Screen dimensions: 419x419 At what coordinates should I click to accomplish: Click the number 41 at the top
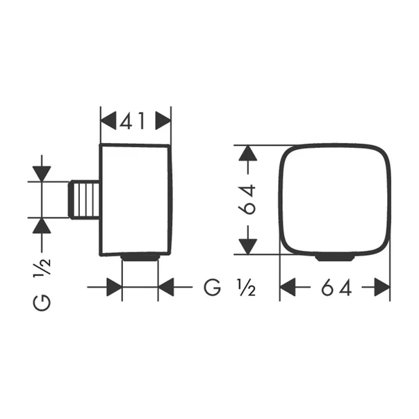click(x=135, y=121)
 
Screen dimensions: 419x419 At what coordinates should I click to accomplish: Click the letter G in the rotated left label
click(x=42, y=302)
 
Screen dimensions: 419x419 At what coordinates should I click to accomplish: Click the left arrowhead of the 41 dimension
click(x=109, y=121)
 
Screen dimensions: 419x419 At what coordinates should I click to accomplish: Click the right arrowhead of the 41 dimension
click(x=163, y=121)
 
